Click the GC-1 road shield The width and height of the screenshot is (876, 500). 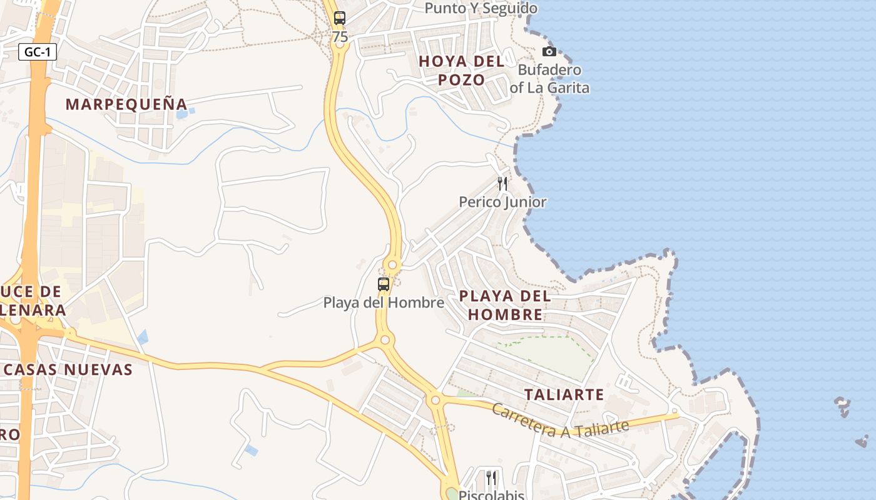38,52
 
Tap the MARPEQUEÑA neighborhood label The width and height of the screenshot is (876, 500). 126,104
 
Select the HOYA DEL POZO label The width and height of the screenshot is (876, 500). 462,71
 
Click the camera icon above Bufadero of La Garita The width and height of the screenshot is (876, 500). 549,51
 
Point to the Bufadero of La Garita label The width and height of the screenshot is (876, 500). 549,79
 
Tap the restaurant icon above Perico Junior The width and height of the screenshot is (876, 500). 502,183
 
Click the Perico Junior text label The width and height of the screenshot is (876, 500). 502,202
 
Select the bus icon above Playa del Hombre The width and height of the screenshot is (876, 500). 384,284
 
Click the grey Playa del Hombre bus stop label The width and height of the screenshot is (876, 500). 384,302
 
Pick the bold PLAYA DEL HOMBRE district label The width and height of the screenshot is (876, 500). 505,305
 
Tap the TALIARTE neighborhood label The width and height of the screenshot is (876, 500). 564,395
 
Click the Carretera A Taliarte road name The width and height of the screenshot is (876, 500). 560,421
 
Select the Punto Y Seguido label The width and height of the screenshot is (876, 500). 481,8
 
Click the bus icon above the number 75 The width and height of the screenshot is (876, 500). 340,18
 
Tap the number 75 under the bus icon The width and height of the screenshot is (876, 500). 340,37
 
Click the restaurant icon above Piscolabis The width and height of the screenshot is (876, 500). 491,478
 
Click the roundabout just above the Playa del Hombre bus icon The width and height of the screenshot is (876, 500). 392,265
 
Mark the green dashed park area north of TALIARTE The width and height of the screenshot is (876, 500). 551,356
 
